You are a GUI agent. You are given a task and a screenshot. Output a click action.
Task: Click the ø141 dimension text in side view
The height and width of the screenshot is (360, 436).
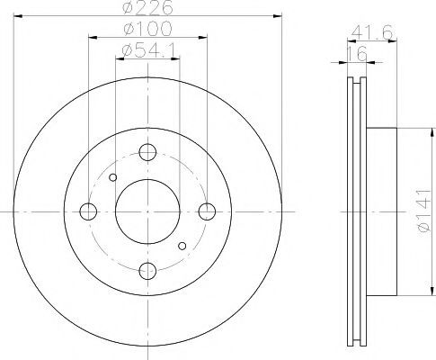pos(426,211)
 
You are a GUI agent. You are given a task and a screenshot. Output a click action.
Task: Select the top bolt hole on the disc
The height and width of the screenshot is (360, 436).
pos(148,152)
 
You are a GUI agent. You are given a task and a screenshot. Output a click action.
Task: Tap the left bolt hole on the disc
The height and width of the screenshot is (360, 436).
pos(88,211)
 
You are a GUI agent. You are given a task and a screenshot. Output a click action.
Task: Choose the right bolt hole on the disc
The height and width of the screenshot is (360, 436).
pos(208,211)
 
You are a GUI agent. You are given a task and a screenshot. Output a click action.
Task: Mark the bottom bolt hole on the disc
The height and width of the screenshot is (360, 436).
pos(148,271)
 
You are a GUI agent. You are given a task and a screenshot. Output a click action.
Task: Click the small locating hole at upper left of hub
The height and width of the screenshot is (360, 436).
pos(112,177)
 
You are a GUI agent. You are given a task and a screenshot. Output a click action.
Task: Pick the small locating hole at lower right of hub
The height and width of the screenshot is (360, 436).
pos(182,246)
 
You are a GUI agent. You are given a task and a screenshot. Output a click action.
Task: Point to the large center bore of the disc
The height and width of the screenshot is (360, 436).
pos(148,211)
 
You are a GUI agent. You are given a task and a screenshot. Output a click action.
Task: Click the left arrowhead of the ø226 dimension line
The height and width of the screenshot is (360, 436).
pos(18,18)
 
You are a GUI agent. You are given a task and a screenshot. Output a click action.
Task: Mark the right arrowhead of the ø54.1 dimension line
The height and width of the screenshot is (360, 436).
pos(178,60)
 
